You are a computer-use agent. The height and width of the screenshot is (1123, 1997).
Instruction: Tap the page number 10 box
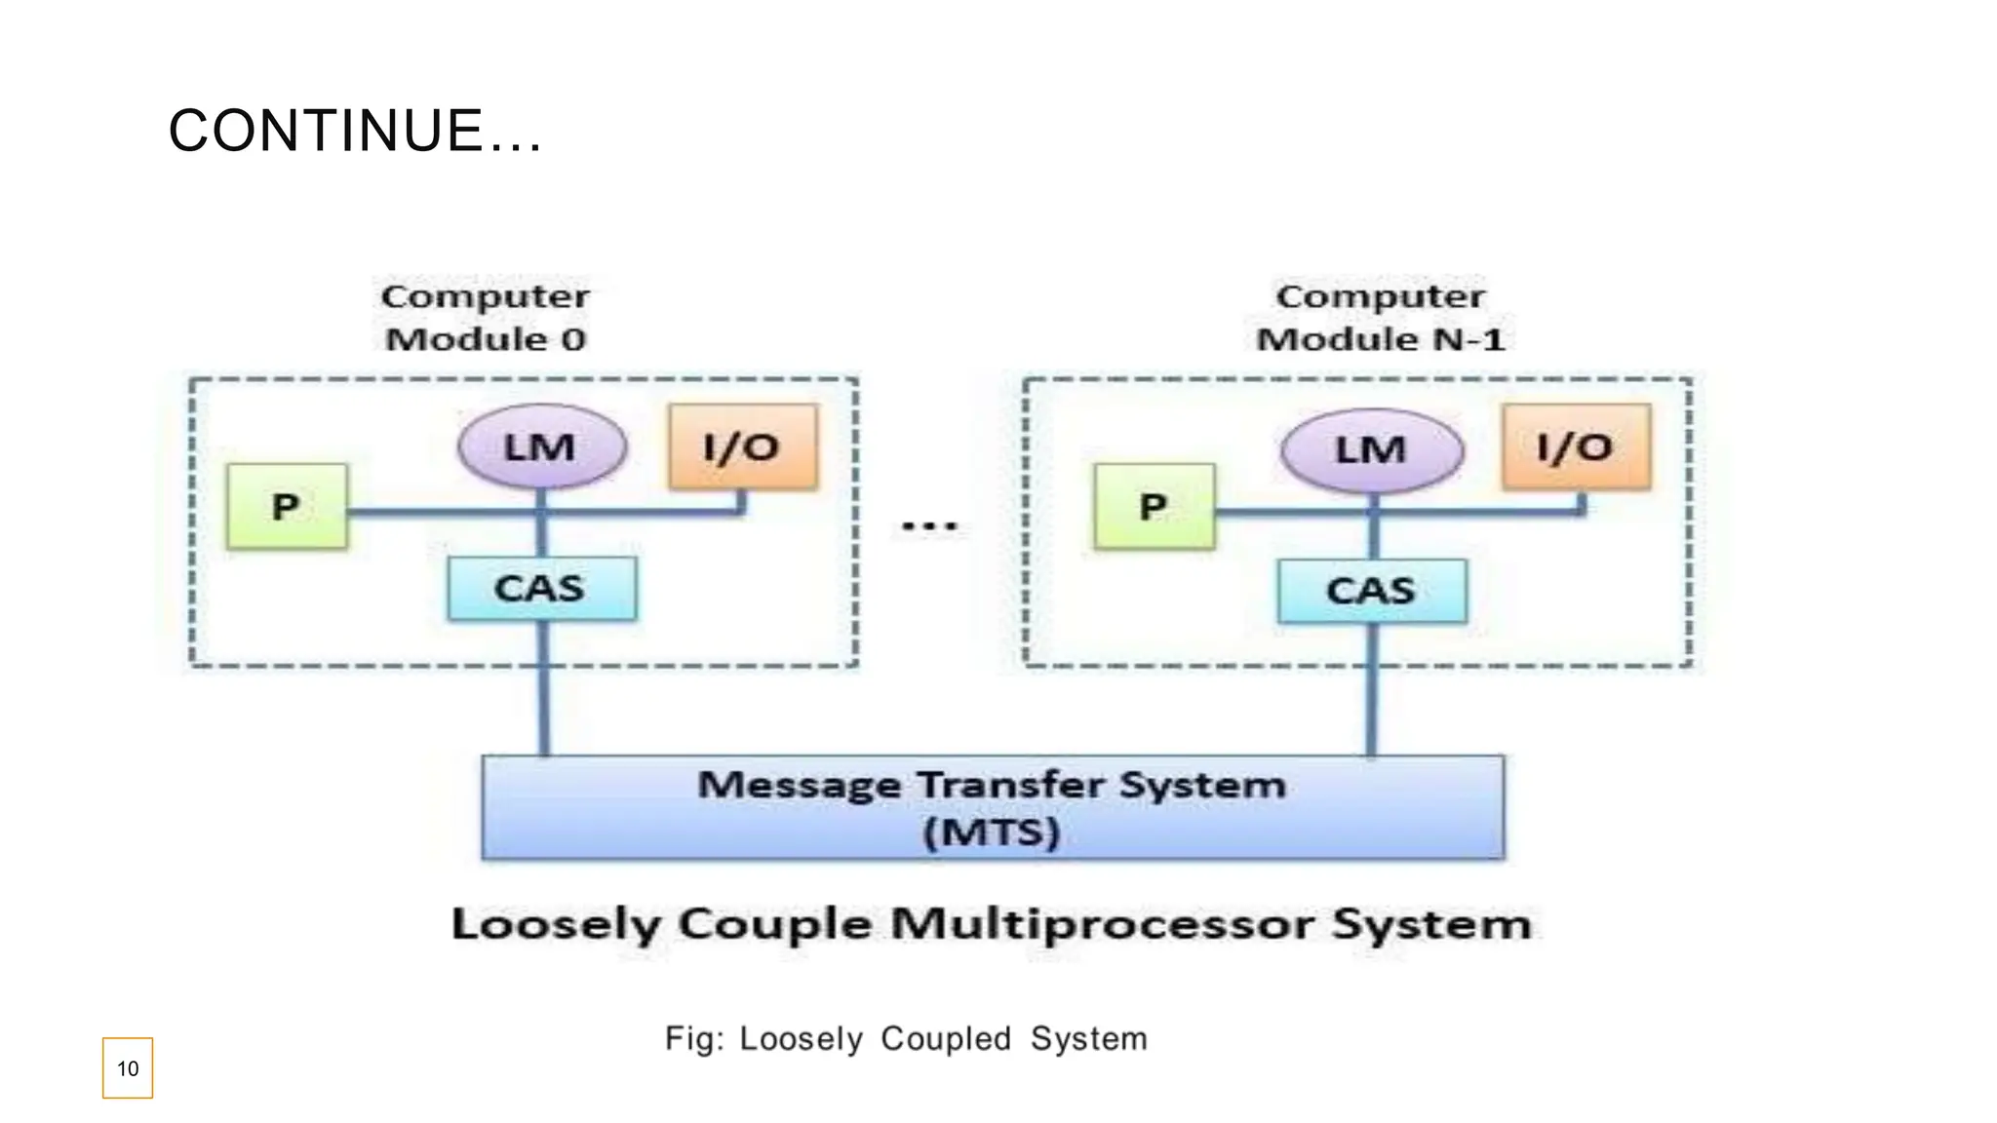click(x=128, y=1068)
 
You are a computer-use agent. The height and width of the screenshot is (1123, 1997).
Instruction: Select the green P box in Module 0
click(x=287, y=506)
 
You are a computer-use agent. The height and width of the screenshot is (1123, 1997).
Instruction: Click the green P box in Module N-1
click(x=1154, y=506)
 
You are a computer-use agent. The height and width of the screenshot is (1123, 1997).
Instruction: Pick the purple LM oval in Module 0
click(x=541, y=447)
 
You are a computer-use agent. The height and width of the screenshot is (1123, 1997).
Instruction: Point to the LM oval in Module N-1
click(x=1371, y=450)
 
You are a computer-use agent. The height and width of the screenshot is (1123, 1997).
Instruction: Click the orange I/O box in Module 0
click(x=743, y=447)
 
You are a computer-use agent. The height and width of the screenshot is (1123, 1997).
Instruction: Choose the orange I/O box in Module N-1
click(x=1576, y=447)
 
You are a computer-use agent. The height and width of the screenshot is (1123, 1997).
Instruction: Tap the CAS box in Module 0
click(x=541, y=589)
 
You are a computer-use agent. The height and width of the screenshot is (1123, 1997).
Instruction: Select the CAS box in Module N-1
click(x=1371, y=591)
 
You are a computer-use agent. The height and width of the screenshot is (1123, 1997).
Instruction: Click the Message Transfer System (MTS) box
click(x=993, y=807)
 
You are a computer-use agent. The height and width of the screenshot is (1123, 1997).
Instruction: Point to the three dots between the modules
click(x=929, y=526)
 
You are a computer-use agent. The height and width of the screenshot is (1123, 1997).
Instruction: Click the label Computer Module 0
click(x=486, y=318)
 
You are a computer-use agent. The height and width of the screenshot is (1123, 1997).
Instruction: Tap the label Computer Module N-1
click(x=1380, y=318)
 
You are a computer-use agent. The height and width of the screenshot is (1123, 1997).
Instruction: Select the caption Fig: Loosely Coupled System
click(x=906, y=1039)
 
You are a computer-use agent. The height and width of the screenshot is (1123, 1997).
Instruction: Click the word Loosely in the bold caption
click(x=556, y=924)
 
